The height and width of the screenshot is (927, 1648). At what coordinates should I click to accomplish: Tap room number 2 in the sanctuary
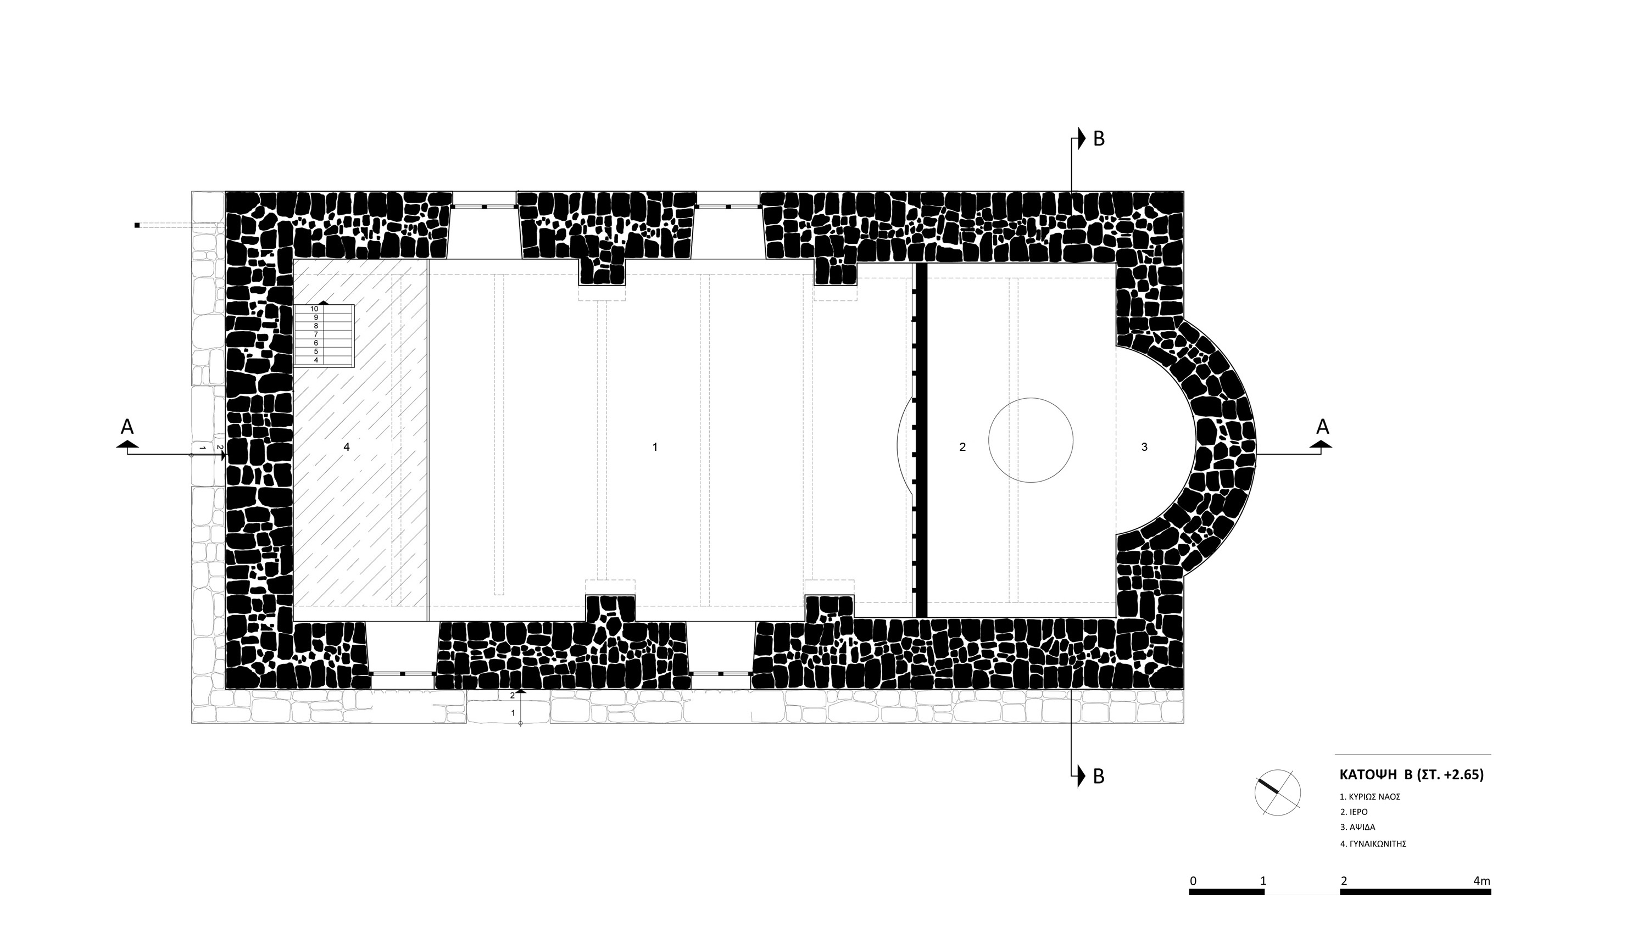click(963, 447)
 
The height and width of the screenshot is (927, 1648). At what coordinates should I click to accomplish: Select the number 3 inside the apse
click(1144, 447)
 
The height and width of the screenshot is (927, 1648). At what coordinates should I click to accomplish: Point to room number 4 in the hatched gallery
click(347, 447)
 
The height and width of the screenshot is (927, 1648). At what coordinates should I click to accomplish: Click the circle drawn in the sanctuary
click(1031, 399)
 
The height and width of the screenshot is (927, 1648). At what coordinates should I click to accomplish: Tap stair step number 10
click(314, 309)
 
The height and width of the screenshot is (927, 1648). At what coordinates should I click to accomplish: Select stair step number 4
click(316, 360)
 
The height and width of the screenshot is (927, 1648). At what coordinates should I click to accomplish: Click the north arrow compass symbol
click(1278, 792)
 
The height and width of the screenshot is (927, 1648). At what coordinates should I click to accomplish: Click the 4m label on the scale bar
click(1482, 881)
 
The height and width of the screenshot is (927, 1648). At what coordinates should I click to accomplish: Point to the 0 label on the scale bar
click(1193, 881)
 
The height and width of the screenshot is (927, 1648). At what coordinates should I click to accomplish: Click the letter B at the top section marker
click(1099, 139)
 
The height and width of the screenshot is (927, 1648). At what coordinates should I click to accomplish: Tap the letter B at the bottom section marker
click(1099, 776)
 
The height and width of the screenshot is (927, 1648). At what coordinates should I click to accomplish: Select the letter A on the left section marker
click(127, 427)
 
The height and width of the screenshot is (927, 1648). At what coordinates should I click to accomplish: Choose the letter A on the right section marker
click(1322, 427)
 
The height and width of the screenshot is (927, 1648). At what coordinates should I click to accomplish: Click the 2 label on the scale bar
click(1344, 881)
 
